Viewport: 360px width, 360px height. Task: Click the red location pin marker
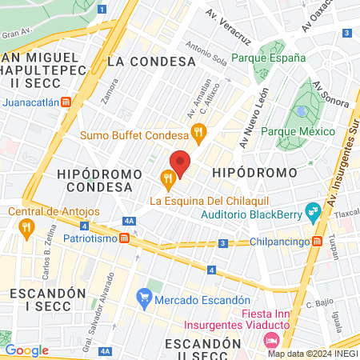(181, 163)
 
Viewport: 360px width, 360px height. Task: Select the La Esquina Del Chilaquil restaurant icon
(167, 177)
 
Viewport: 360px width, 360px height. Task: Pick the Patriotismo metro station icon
(126, 238)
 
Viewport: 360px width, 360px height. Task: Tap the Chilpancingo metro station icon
(318, 241)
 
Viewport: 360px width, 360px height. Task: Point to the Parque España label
(268, 58)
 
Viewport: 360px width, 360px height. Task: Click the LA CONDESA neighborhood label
(151, 61)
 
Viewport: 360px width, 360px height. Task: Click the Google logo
(27, 350)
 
